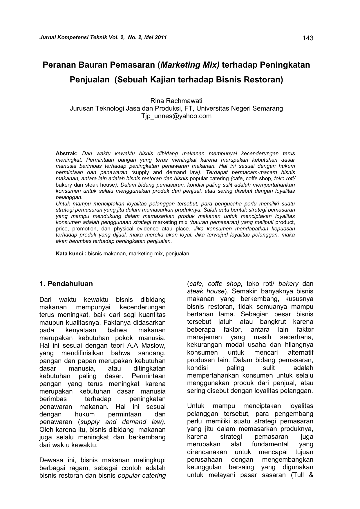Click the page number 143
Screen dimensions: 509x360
308,38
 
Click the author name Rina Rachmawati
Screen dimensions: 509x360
176,101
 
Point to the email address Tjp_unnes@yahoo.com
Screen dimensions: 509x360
176,116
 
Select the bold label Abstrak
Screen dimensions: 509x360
66,154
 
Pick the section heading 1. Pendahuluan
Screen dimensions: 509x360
66,284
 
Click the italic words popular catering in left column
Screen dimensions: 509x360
142,476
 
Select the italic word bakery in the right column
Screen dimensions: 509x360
288,284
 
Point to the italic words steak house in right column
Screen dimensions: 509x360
206,291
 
